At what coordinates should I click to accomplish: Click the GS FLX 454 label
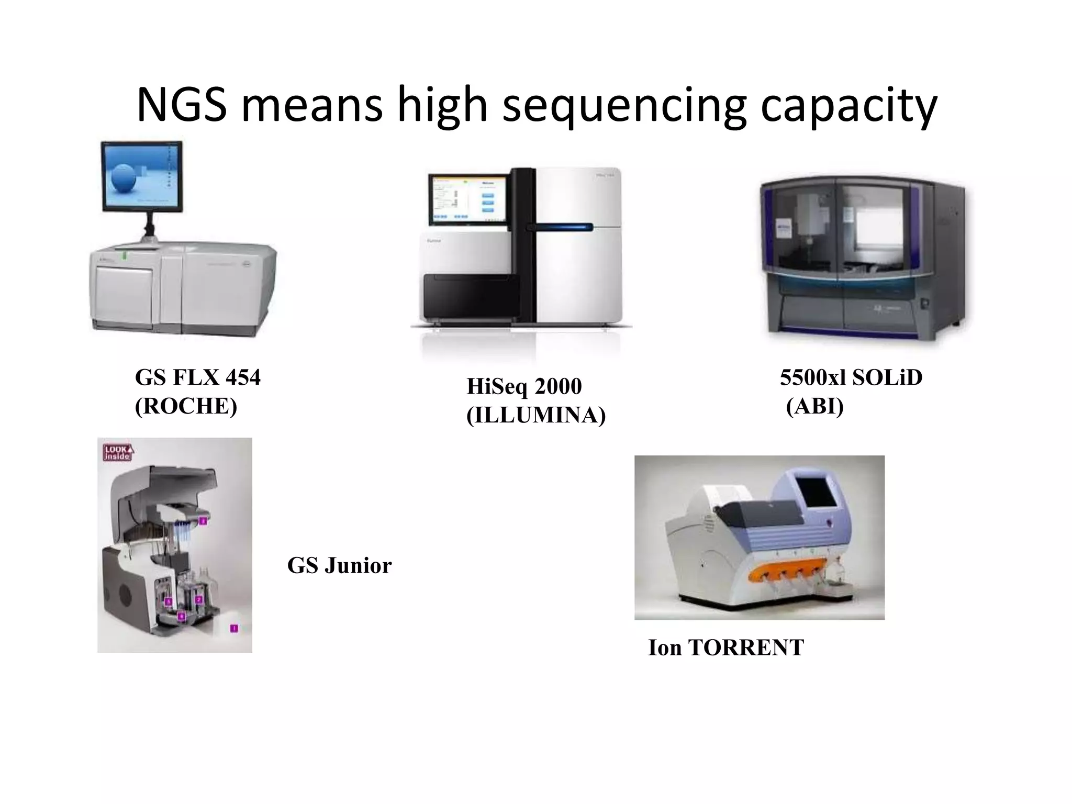[197, 377]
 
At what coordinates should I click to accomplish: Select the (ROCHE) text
[186, 406]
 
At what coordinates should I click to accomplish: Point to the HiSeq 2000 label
[524, 387]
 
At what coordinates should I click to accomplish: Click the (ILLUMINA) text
[536, 416]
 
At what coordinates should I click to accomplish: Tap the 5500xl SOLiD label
[851, 377]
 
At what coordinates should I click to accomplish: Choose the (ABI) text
[815, 406]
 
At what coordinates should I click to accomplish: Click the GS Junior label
[339, 566]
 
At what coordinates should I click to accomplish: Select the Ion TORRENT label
[726, 648]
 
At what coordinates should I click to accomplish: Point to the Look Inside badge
[118, 452]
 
